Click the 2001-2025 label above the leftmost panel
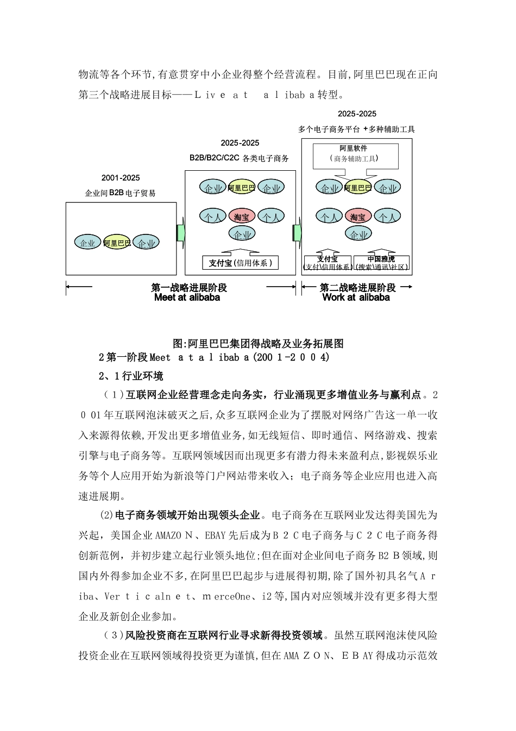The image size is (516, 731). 121,178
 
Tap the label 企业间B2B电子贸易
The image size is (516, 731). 121,193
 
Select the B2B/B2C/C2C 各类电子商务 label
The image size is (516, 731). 240,158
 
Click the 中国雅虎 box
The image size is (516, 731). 381,263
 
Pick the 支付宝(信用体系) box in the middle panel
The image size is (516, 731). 240,263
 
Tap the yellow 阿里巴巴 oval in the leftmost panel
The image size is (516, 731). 117,243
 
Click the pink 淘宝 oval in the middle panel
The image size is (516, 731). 242,216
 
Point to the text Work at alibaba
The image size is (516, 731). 356,298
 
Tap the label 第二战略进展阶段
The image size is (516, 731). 357,288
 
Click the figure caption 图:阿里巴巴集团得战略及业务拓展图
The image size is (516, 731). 258,344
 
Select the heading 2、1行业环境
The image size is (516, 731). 131,376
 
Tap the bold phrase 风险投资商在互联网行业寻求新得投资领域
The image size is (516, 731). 225,635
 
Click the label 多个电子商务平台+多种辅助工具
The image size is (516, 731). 356,129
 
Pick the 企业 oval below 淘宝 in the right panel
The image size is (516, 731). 358,234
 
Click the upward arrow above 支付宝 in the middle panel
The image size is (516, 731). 241,250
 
